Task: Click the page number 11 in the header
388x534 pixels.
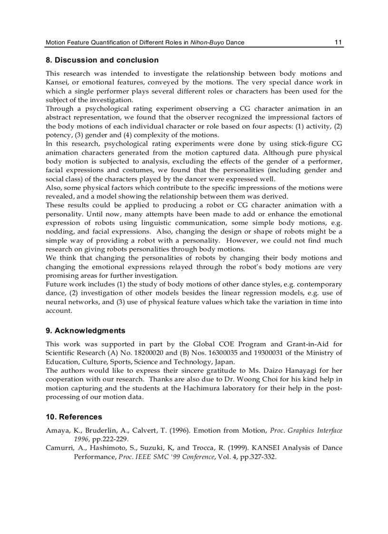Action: click(x=338, y=42)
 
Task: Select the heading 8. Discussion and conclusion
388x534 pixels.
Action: click(x=102, y=60)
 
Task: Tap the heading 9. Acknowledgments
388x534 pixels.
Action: click(x=86, y=330)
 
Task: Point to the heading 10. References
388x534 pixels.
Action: click(x=74, y=417)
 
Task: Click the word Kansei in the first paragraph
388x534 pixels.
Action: click(x=56, y=82)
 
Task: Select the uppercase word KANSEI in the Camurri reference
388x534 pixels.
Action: click(x=265, y=448)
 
